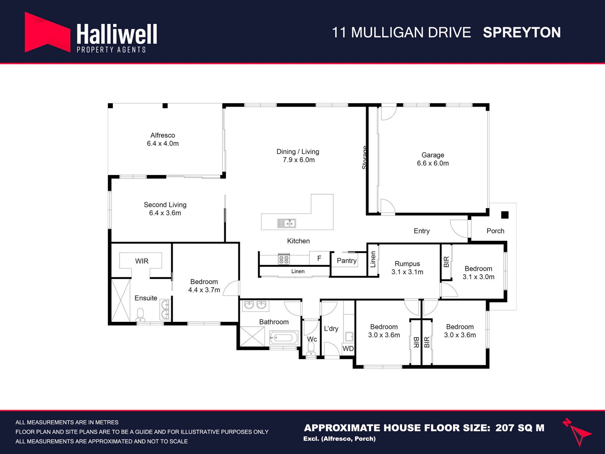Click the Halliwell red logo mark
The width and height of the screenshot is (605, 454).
pyautogui.click(x=47, y=32)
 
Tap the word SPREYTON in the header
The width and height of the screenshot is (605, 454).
pyautogui.click(x=522, y=32)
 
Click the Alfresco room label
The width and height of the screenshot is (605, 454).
pyautogui.click(x=163, y=135)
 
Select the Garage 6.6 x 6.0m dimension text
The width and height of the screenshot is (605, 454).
pyautogui.click(x=433, y=163)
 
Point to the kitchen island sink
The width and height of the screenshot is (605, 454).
pyautogui.click(x=286, y=223)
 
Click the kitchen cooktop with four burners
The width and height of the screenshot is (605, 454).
pyautogui.click(x=284, y=259)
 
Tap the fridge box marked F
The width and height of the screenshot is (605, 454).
pyautogui.click(x=319, y=258)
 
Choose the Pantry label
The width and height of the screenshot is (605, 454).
pyautogui.click(x=347, y=260)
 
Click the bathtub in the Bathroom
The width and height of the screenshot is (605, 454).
pyautogui.click(x=284, y=338)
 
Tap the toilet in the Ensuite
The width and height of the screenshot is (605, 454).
pyautogui.click(x=140, y=315)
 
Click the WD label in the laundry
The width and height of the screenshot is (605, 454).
pyautogui.click(x=348, y=348)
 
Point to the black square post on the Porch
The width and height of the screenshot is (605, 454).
pyautogui.click(x=505, y=215)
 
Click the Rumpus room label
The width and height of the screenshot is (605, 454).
pyautogui.click(x=407, y=264)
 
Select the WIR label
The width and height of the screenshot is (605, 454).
pyautogui.click(x=142, y=261)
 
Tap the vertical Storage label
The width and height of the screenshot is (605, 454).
pyautogui.click(x=365, y=158)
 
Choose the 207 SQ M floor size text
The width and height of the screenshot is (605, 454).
pyautogui.click(x=520, y=428)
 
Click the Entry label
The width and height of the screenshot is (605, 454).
pyautogui.click(x=422, y=231)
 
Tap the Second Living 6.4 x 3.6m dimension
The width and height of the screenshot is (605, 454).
pyautogui.click(x=165, y=213)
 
